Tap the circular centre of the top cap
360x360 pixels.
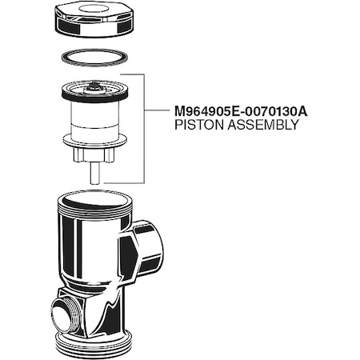(94, 13)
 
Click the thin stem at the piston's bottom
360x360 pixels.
(95, 173)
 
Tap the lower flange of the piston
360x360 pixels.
(94, 150)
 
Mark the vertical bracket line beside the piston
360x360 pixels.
(143, 128)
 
